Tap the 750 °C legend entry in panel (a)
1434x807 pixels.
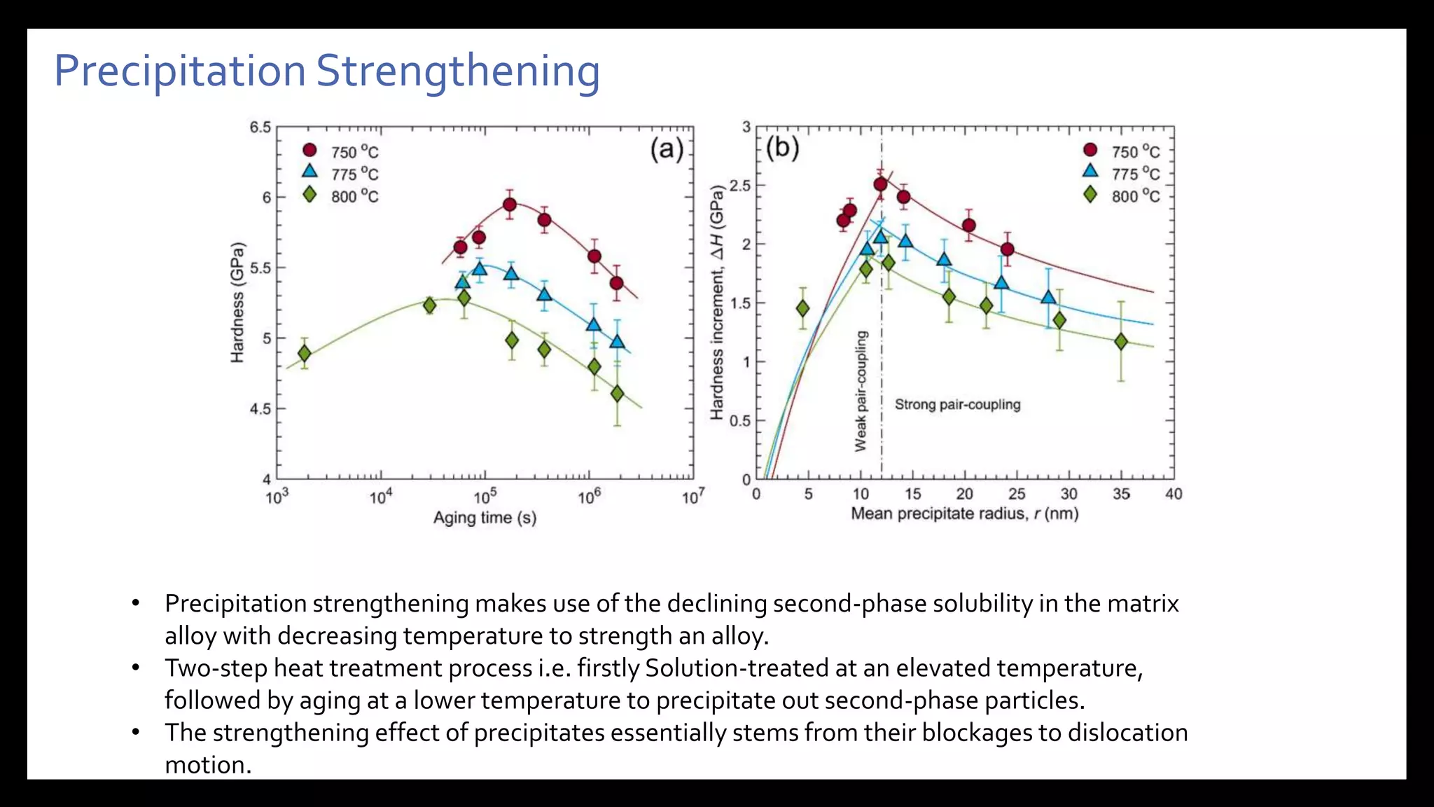[342, 151]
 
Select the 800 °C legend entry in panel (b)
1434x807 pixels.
[1122, 195]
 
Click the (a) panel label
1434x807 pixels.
[667, 149]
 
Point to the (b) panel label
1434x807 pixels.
[782, 148]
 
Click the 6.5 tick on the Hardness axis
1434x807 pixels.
[260, 127]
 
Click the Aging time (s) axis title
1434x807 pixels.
[485, 518]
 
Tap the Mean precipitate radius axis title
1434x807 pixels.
[964, 513]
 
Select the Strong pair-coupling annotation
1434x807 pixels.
[957, 404]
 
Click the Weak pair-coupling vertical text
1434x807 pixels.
[861, 391]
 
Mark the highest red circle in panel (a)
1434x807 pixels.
[510, 205]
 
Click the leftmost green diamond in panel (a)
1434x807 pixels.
[304, 354]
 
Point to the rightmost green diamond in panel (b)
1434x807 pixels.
[1121, 342]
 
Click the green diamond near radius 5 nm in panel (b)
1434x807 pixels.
[803, 308]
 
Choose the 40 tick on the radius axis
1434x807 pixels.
[1174, 494]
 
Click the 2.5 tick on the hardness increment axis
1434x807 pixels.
[739, 186]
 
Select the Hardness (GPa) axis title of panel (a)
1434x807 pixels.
[238, 303]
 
